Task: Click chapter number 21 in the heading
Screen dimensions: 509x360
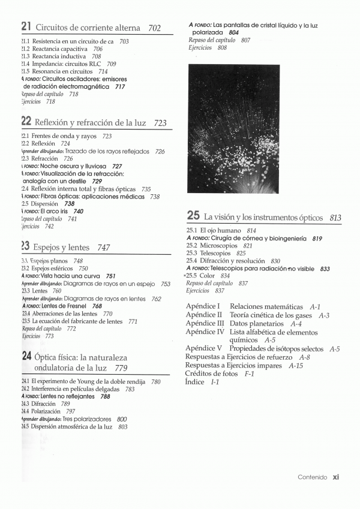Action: pyautogui.click(x=26, y=27)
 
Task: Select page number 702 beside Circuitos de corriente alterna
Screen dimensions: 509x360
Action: pyautogui.click(x=154, y=28)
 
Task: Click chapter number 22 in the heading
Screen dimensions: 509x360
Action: pyautogui.click(x=26, y=122)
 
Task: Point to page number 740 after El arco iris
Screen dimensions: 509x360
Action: pyautogui.click(x=78, y=212)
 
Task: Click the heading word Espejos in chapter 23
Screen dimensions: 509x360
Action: pyautogui.click(x=45, y=247)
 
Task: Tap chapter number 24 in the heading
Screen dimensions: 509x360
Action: pyautogui.click(x=26, y=356)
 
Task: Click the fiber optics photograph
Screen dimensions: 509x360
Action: pyautogui.click(x=233, y=129)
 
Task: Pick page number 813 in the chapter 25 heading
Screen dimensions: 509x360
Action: pyautogui.click(x=335, y=218)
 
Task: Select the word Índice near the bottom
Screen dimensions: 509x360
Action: pyautogui.click(x=194, y=381)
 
